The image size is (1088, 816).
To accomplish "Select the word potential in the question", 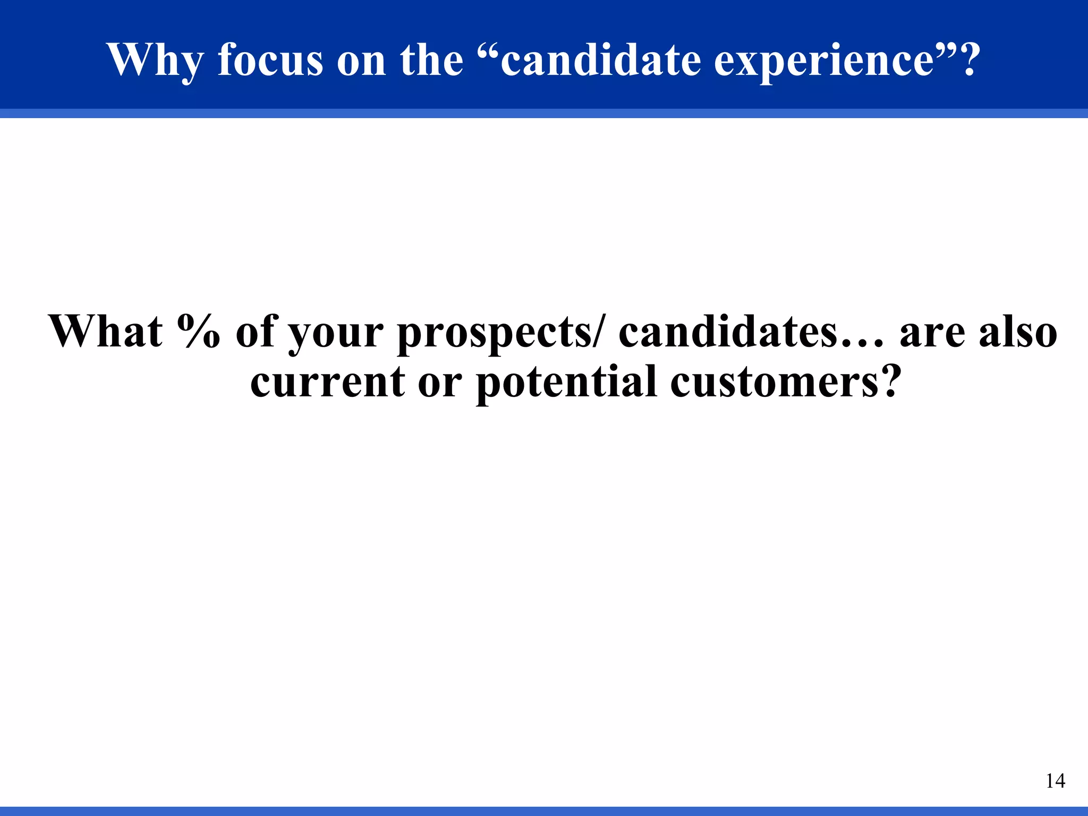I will coord(566,384).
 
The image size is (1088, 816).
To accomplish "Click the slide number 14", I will coord(1055,781).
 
